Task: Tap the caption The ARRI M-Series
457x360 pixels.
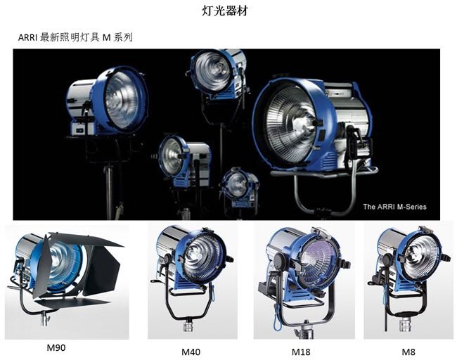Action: (x=394, y=207)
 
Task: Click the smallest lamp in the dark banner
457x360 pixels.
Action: (x=238, y=185)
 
